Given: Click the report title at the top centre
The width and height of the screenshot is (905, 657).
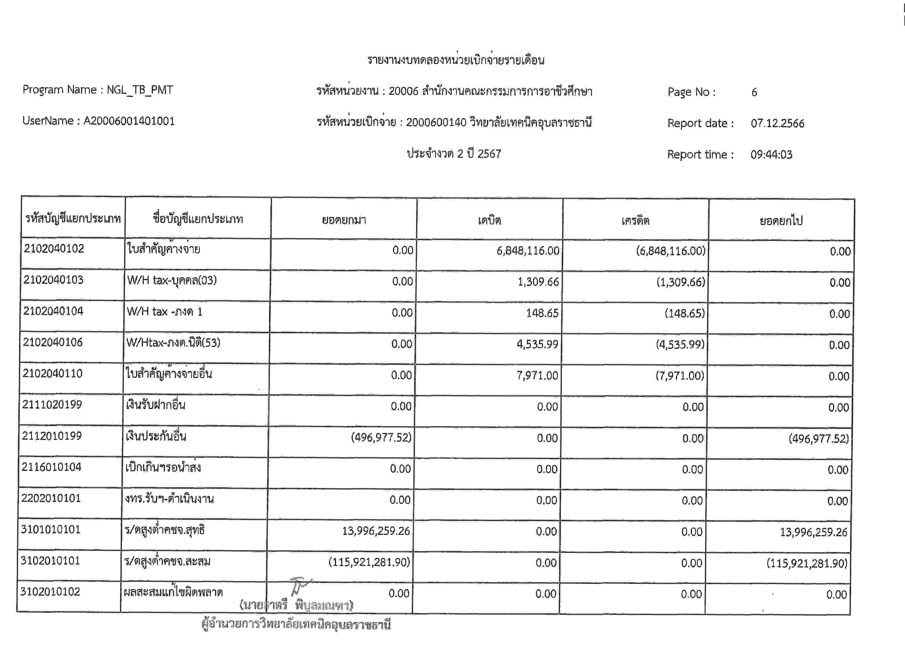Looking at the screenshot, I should (455, 60).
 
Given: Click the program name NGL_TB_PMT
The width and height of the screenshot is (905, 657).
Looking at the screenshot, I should (140, 90).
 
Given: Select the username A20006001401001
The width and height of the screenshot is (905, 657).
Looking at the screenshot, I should (129, 121).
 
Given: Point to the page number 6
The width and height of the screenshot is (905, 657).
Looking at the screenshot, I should (754, 92).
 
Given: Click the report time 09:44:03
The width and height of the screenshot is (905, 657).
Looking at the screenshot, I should (771, 154).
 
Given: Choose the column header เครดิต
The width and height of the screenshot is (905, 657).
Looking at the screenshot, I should (635, 221).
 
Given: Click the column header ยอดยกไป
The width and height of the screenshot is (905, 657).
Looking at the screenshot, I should (781, 221).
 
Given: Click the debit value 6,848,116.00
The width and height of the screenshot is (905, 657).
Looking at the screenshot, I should (527, 251).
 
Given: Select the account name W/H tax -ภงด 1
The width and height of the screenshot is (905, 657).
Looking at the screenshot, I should (165, 311).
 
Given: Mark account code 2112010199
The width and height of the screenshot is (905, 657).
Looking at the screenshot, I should (52, 436).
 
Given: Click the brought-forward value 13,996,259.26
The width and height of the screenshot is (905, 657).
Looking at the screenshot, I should (376, 531).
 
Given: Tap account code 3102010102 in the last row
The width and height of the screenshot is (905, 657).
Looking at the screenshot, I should (50, 592).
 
